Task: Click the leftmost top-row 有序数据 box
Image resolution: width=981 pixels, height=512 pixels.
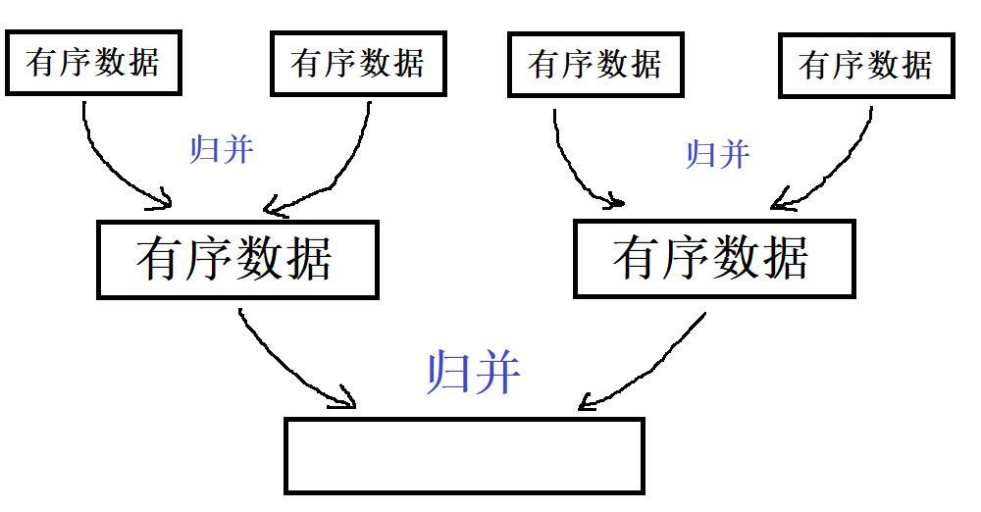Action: coord(94,63)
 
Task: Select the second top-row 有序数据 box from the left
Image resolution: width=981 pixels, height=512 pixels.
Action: coord(358,64)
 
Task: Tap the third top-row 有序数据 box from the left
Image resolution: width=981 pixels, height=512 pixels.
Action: coord(595,66)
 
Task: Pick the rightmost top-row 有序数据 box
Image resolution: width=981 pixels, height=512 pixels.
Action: coord(866,66)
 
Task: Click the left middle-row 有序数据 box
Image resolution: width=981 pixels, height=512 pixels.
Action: coord(236,259)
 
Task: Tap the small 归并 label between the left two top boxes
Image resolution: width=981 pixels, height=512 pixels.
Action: coord(221,149)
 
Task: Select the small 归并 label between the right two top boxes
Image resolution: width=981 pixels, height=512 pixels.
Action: coord(718,154)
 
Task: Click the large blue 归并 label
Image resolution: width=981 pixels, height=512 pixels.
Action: coord(474,373)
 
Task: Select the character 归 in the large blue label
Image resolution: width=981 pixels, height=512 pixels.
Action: coord(447,373)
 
